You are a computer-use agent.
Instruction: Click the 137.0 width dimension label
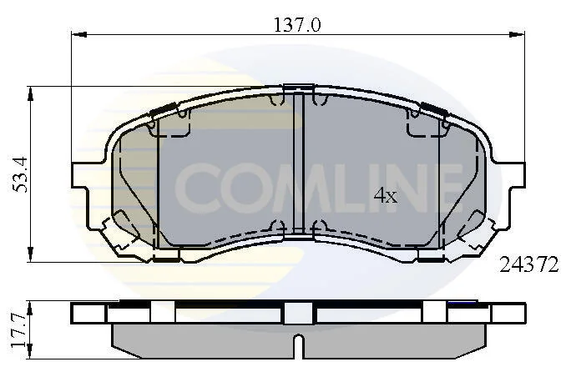(x=297, y=26)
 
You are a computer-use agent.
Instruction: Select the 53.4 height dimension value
(x=20, y=174)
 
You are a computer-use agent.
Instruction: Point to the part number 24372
(x=528, y=264)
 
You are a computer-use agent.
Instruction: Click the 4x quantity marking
(x=386, y=196)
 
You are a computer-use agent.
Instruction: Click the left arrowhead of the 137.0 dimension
(x=79, y=34)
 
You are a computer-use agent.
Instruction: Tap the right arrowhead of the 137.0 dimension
(x=517, y=34)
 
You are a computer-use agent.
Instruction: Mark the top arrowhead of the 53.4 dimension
(x=30, y=94)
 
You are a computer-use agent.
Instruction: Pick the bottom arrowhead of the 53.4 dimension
(x=30, y=254)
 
